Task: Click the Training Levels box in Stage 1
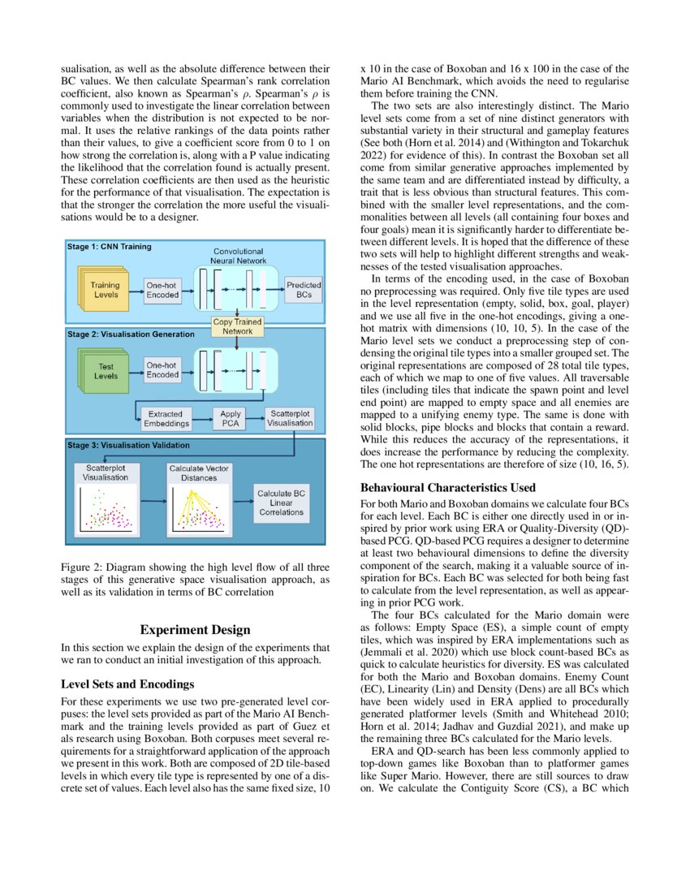(104, 290)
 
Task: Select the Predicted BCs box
(304, 290)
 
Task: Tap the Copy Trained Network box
(237, 327)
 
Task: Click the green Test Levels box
(104, 371)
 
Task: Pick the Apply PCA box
(231, 419)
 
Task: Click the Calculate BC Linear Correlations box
(281, 503)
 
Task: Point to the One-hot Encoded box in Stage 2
(162, 371)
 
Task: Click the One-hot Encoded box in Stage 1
(162, 290)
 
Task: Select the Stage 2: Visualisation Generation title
(130, 334)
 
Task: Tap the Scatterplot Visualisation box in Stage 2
(289, 418)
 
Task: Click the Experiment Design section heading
(196, 630)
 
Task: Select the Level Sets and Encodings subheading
(127, 684)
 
